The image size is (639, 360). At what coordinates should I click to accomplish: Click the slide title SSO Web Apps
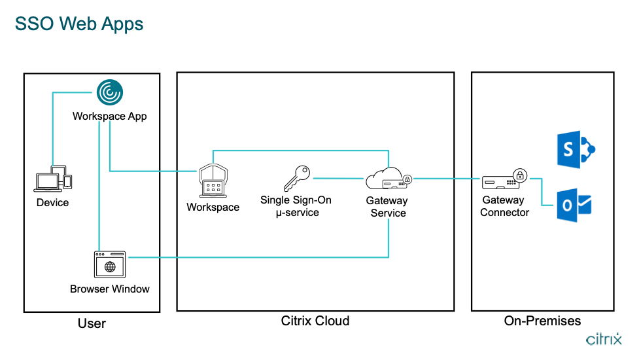(x=79, y=24)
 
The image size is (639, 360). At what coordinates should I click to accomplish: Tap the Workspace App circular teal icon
(x=109, y=92)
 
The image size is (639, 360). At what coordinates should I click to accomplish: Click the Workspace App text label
(x=109, y=116)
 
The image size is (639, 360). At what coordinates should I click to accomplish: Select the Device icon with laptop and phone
(x=53, y=179)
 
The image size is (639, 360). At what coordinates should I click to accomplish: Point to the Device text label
(x=52, y=202)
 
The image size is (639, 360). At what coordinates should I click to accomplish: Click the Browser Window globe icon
(x=110, y=264)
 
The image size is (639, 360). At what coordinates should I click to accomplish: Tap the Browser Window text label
(x=110, y=289)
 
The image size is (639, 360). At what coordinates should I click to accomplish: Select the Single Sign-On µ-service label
(x=296, y=206)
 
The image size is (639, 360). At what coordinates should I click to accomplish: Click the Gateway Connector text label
(x=504, y=206)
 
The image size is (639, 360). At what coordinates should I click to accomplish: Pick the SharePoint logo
(x=575, y=150)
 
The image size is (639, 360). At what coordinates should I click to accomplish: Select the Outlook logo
(x=575, y=205)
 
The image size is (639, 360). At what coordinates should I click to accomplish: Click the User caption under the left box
(x=92, y=323)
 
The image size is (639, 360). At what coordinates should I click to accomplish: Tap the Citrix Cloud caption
(x=315, y=321)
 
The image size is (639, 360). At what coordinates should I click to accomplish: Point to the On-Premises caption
(x=542, y=321)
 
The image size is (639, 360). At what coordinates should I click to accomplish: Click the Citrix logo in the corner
(x=604, y=340)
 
